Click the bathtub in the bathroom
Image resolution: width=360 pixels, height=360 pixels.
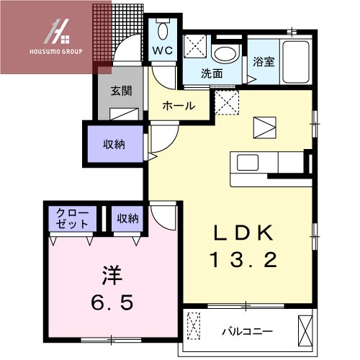click(295, 55)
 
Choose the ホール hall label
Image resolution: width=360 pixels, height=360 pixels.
click(179, 105)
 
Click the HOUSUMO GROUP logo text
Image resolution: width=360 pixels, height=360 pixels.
click(55, 52)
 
